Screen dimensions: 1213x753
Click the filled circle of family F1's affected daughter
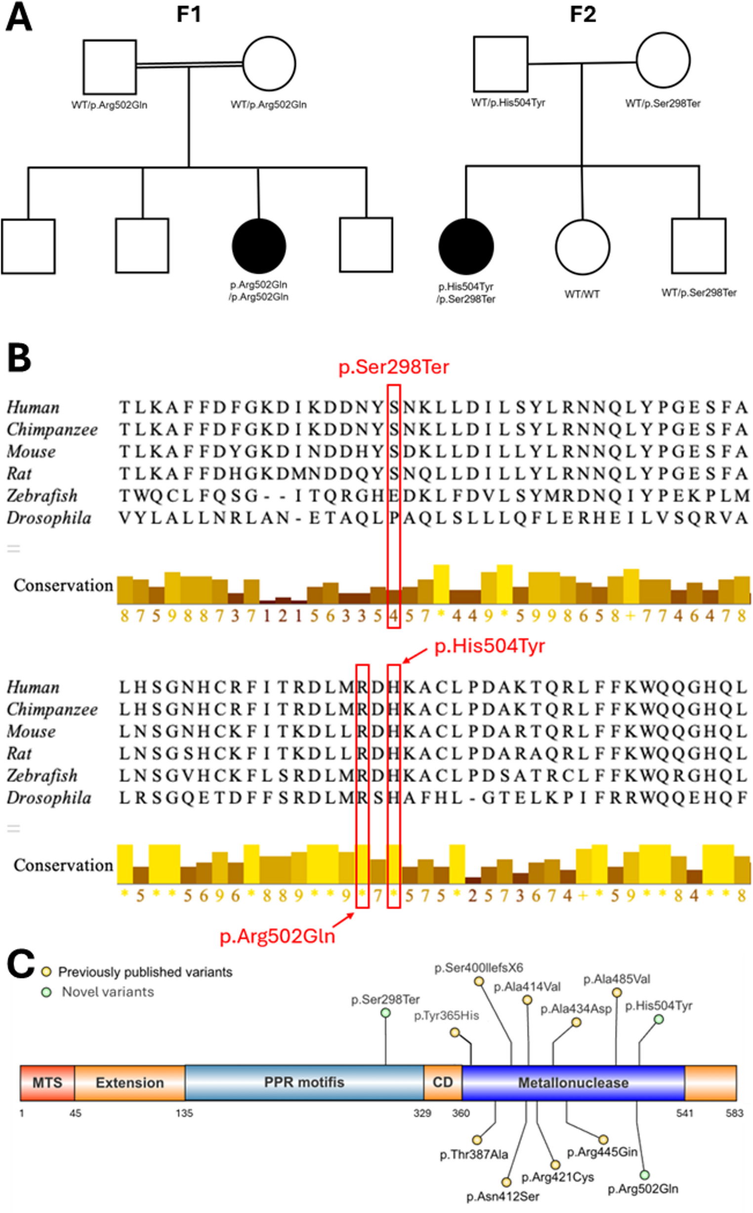259,246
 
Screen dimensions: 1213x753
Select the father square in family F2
501,64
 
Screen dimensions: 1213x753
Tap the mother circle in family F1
269,64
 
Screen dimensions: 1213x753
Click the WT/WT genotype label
582,294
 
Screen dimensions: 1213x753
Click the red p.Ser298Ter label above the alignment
393,367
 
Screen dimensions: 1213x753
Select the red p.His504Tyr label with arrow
490,646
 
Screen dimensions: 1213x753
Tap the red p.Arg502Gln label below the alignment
277,937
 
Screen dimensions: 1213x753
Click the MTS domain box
47,1083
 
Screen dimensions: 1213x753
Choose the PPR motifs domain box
304,1083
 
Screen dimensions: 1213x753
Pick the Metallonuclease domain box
573,1083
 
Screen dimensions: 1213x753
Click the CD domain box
443,1083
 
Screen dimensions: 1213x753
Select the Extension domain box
129,1083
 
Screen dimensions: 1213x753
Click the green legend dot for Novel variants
46,993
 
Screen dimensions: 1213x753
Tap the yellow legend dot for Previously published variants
46,972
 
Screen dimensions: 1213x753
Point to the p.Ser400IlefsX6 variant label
479,968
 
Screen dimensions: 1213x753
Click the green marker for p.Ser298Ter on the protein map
385,1013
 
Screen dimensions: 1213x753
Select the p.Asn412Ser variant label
502,1197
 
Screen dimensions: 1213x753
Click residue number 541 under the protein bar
684,1113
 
